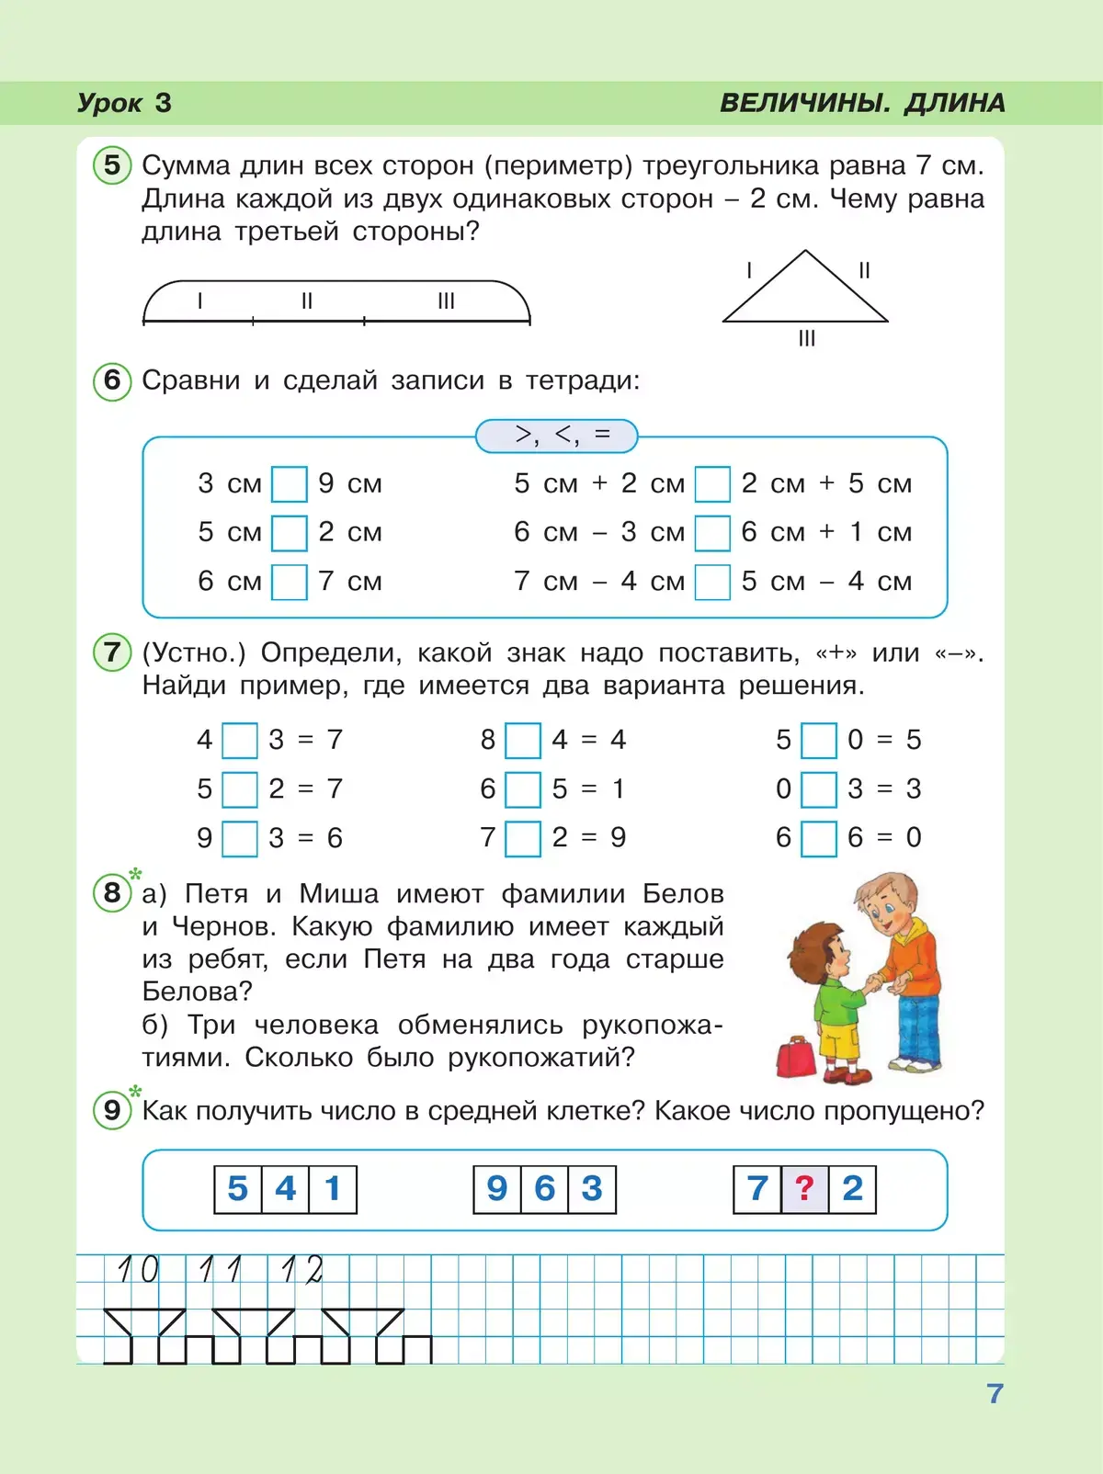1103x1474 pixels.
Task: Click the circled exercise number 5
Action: [112, 165]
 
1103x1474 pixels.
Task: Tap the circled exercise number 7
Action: [112, 652]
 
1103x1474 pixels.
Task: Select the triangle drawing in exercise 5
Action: [805, 292]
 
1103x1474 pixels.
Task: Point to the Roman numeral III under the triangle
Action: [807, 339]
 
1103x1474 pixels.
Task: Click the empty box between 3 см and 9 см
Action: [290, 484]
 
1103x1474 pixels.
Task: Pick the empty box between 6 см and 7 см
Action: [290, 582]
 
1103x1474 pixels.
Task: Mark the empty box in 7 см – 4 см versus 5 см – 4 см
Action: [712, 582]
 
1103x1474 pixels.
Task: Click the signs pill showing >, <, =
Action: [557, 436]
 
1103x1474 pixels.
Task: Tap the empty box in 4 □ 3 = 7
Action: [240, 741]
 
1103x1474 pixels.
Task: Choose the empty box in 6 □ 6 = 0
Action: [819, 838]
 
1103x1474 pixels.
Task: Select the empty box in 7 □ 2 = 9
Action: [523, 838]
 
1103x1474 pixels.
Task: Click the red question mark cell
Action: [805, 1189]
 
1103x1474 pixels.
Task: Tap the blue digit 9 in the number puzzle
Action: [497, 1189]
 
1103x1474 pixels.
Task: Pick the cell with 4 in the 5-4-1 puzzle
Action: [286, 1189]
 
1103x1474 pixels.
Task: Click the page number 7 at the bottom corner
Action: [995, 1394]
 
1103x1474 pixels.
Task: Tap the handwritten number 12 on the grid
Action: [302, 1271]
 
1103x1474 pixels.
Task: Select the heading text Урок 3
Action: [124, 103]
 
